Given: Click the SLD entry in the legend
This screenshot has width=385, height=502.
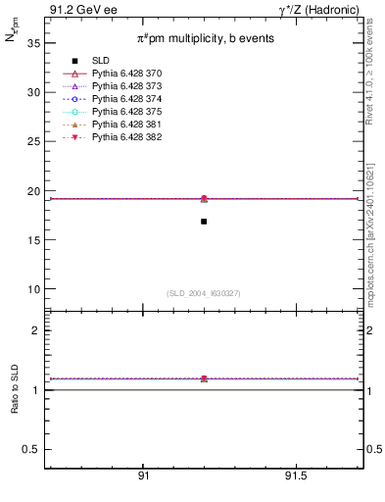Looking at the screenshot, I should [100, 61].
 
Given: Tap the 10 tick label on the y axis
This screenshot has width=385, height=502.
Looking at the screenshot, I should [33, 289].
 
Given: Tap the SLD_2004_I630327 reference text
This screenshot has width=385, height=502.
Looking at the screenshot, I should [204, 293].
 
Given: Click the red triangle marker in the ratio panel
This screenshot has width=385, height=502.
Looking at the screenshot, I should [204, 378].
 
